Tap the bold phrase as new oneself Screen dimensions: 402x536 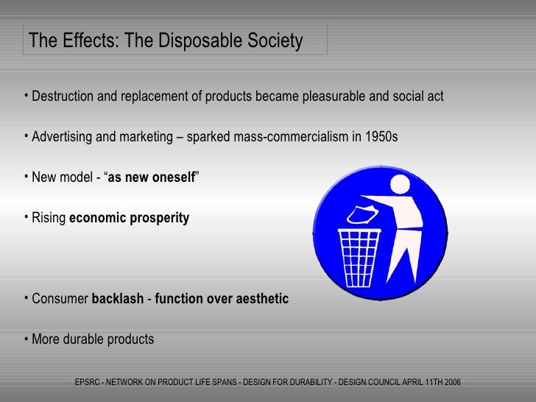tap(152, 178)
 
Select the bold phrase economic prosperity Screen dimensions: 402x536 tap(129, 219)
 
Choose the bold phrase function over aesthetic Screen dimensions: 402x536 tap(222, 299)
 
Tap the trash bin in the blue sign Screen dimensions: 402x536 tap(359, 258)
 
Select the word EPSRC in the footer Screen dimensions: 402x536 tap(91, 382)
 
